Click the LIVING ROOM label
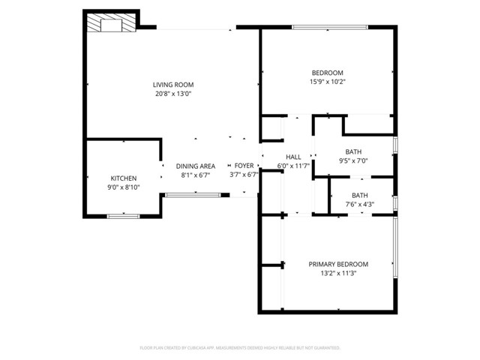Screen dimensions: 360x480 (x=173, y=85)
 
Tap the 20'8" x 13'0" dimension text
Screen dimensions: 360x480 (x=173, y=94)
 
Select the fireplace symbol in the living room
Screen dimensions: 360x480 (x=111, y=24)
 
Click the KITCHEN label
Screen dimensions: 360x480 (x=123, y=178)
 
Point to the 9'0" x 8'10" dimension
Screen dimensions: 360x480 (x=123, y=187)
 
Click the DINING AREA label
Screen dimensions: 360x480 (x=196, y=166)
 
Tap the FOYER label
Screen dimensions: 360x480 (x=244, y=166)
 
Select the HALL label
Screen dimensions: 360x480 (x=293, y=156)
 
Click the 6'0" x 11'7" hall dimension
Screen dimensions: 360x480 (x=293, y=166)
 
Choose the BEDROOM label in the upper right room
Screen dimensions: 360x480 (x=327, y=72)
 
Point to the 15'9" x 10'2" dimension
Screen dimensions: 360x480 (x=327, y=82)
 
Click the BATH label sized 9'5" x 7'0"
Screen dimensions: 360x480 (x=353, y=151)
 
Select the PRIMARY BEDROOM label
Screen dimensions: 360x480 (x=338, y=264)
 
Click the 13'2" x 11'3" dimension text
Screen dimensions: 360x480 (x=338, y=274)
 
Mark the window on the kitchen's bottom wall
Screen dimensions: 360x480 (x=123, y=216)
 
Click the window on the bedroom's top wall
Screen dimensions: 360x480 (x=329, y=28)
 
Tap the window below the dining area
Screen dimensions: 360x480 (x=193, y=195)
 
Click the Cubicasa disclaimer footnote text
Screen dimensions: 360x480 (x=240, y=348)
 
